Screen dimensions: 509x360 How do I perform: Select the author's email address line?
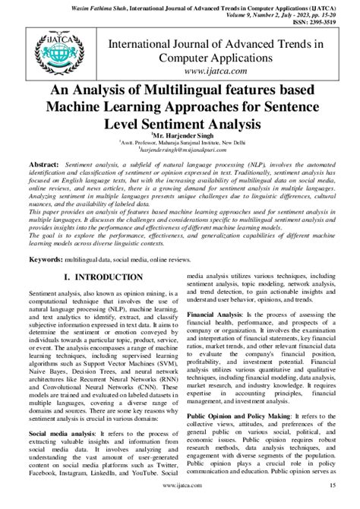click(x=180, y=150)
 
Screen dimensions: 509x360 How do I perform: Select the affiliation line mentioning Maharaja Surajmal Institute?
click(x=180, y=141)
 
